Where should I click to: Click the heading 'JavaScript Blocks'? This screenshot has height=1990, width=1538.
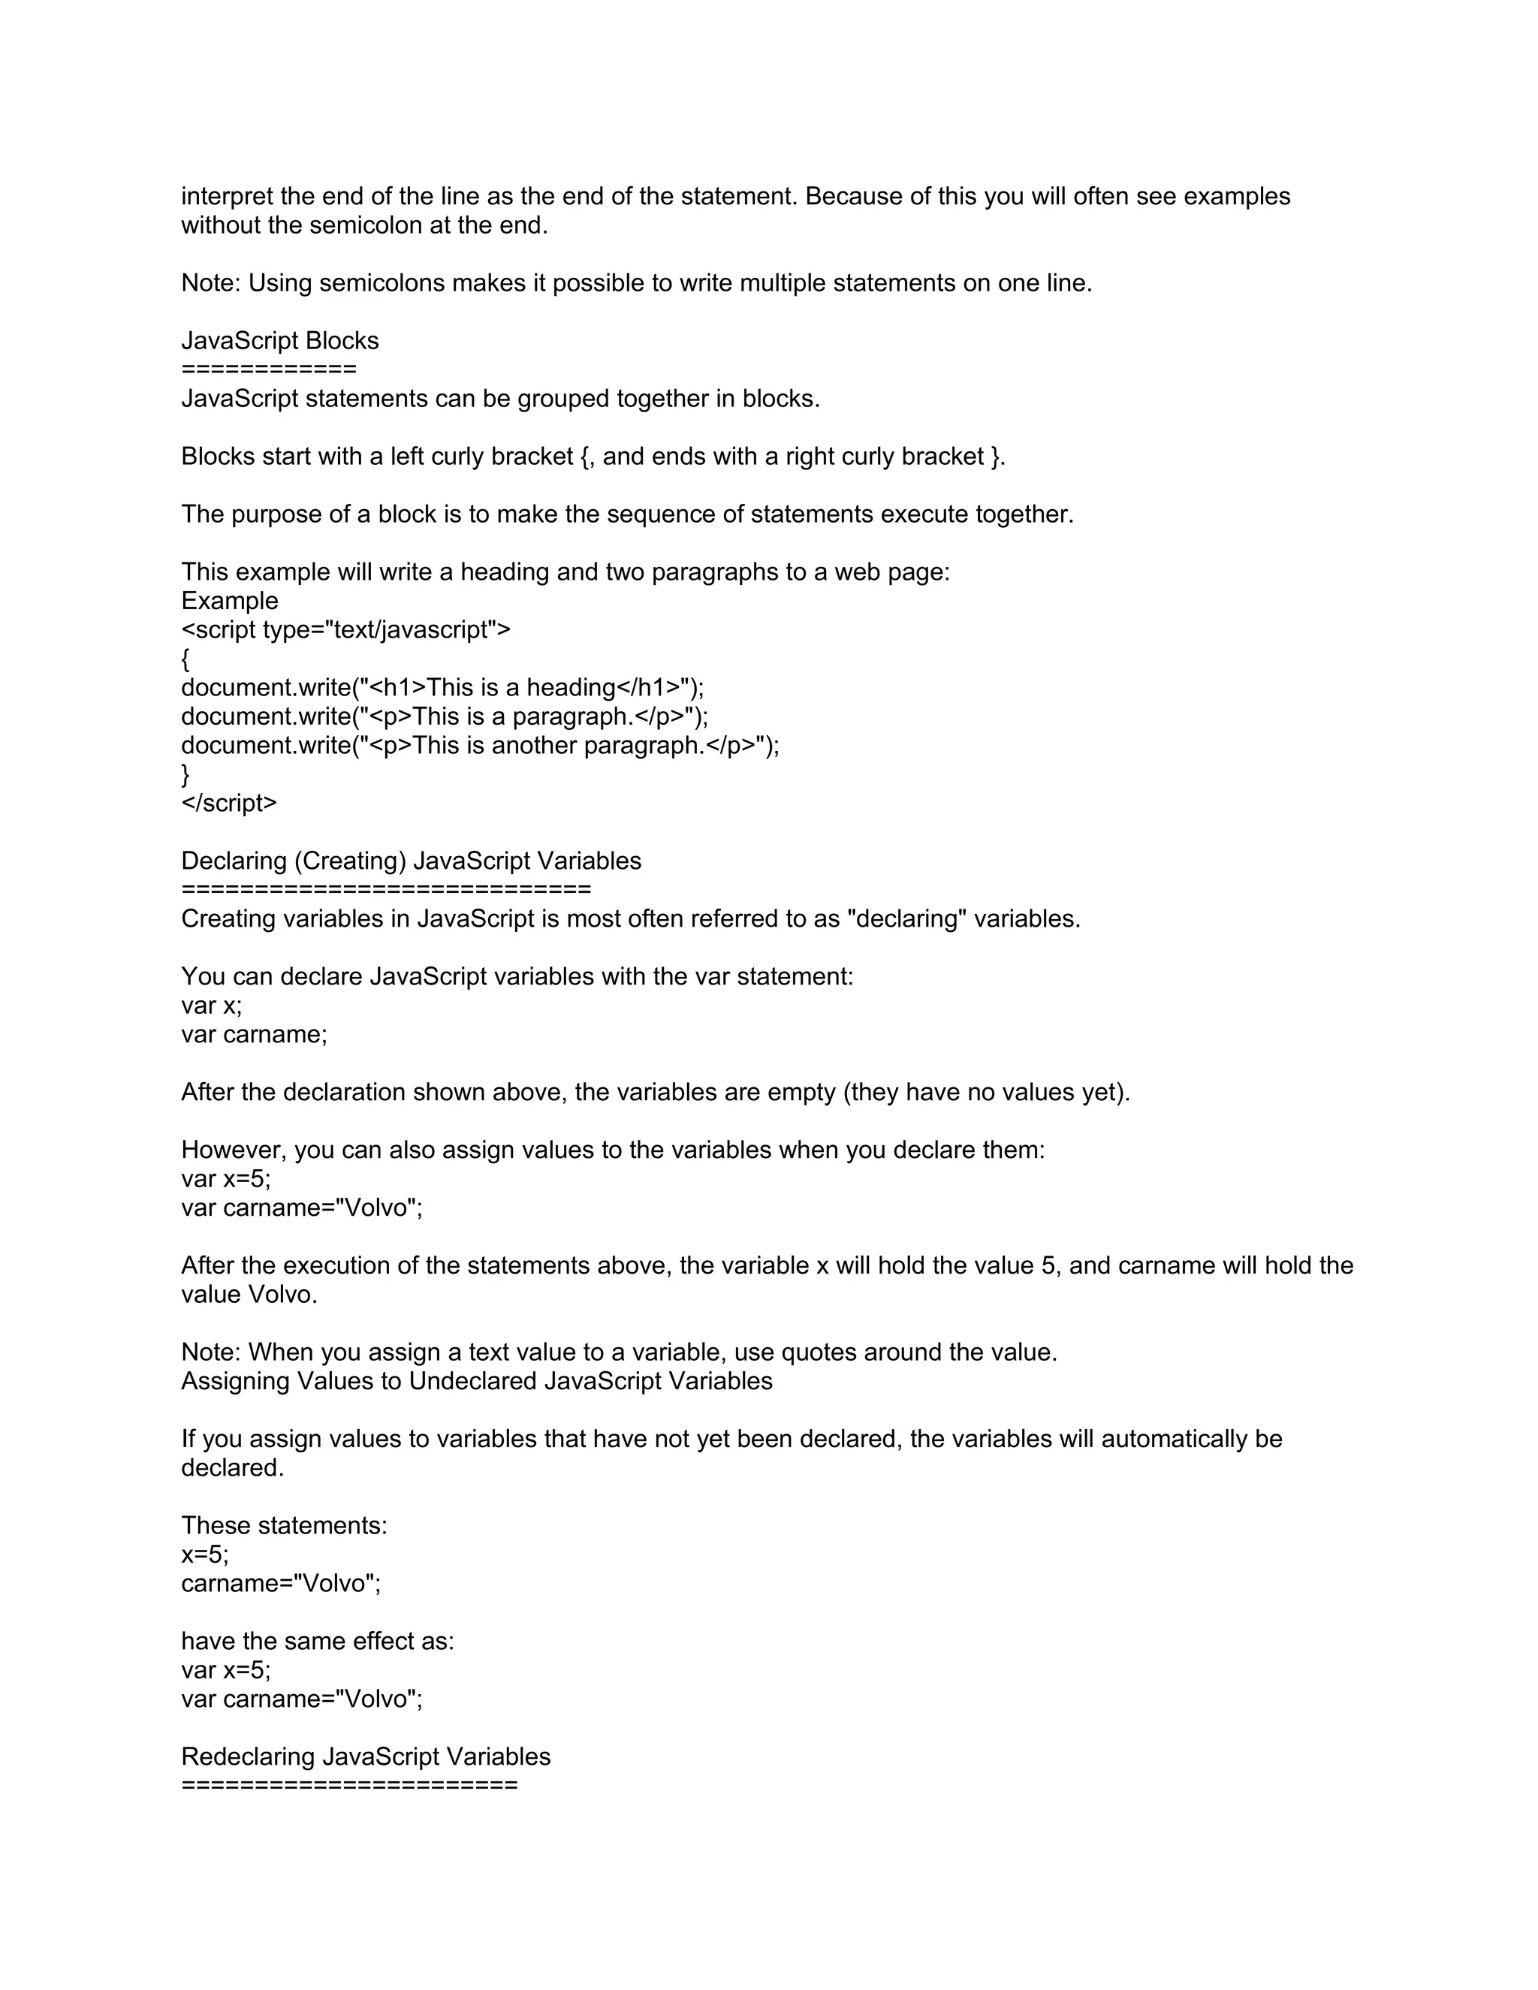279,341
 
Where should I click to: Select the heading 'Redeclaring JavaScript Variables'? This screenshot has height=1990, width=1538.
366,1756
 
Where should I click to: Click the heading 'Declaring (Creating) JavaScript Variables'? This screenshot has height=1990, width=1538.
411,861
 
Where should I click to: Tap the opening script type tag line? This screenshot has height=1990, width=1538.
345,629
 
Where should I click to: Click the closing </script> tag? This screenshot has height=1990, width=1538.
229,803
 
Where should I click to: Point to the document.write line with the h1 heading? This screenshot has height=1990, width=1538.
443,687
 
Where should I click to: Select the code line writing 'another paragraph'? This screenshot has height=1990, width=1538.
480,746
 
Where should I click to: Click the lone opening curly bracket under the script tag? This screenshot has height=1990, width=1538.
186,659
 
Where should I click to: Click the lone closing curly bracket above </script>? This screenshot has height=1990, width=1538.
186,774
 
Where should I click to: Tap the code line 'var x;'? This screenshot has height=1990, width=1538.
211,1006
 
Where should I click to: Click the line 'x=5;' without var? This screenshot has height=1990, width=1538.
205,1554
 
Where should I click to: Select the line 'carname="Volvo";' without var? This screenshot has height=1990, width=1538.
281,1584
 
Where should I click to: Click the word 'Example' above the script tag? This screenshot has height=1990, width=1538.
230,602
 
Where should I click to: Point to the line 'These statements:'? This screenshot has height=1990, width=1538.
285,1525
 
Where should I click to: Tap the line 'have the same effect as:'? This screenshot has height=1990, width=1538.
317,1641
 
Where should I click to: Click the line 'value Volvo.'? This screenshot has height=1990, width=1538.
249,1295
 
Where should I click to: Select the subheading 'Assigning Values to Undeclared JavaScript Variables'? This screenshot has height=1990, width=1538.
477,1381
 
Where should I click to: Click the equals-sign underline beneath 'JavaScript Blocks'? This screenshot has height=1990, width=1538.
269,369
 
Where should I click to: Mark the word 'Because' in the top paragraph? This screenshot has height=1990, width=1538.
852,197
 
